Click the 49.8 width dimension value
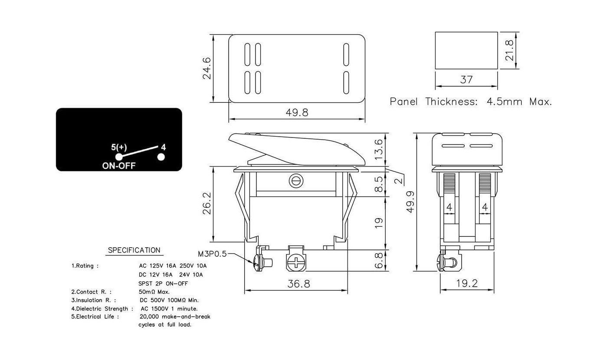coord(297,113)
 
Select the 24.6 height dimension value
coord(207,68)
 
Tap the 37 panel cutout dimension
coord(466,80)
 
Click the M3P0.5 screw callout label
coord(212,254)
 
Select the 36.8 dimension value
coord(299,284)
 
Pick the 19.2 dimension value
coord(467,284)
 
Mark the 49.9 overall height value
coord(410,202)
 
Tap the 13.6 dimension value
coord(378,149)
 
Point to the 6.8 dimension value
coord(378,261)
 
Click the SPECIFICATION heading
coord(134,250)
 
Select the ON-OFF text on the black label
coord(119,165)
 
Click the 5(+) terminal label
coord(119,147)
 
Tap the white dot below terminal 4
coord(161,157)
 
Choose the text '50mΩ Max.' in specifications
coord(154,292)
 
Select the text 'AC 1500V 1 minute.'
coord(169,309)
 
